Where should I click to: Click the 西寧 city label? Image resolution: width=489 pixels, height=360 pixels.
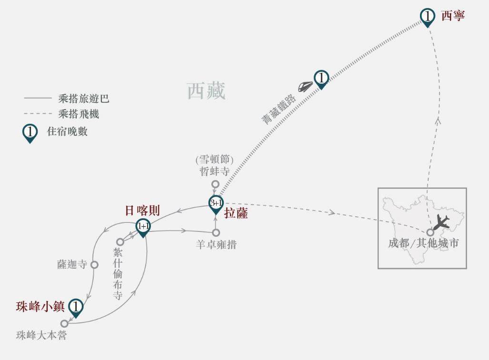pyautogui.click(x=452, y=15)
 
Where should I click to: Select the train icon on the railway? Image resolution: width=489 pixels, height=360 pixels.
pyautogui.click(x=305, y=86)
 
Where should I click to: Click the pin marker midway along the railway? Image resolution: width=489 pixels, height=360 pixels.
pyautogui.click(x=321, y=78)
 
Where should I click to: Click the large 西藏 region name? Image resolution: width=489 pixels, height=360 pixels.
pyautogui.click(x=206, y=90)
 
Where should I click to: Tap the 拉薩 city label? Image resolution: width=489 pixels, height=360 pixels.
pyautogui.click(x=236, y=213)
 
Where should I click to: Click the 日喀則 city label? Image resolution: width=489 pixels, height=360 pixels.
pyautogui.click(x=142, y=210)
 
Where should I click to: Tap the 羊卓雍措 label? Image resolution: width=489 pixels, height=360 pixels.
pyautogui.click(x=216, y=245)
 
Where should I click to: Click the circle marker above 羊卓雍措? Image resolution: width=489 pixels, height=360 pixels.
pyautogui.click(x=216, y=233)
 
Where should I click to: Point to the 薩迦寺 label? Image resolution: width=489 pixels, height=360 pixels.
pyautogui.click(x=72, y=265)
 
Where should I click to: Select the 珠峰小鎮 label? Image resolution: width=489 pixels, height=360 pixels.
pyautogui.click(x=40, y=307)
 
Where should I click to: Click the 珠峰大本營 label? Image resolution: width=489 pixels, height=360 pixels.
pyautogui.click(x=41, y=336)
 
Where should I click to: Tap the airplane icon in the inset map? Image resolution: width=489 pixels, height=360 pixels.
pyautogui.click(x=441, y=222)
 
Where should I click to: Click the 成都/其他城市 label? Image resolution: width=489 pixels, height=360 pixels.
pyautogui.click(x=423, y=243)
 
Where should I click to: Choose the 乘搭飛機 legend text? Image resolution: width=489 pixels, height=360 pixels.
pyautogui.click(x=79, y=114)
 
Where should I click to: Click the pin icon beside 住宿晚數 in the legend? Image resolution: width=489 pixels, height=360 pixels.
pyautogui.click(x=30, y=133)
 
